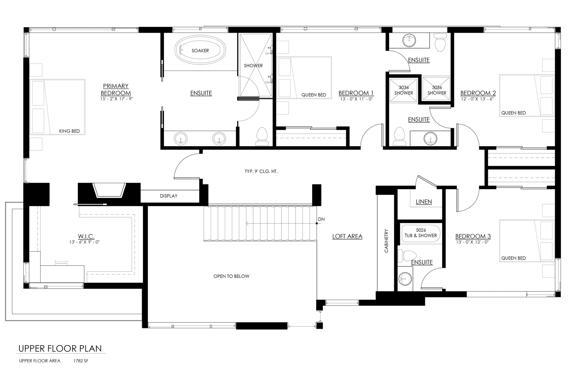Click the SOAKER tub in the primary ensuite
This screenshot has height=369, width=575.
(x=200, y=51)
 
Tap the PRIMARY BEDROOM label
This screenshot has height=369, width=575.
(x=116, y=90)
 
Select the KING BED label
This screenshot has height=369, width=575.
(x=70, y=131)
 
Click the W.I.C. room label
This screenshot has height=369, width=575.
(x=86, y=236)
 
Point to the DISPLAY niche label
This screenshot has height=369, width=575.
(x=168, y=196)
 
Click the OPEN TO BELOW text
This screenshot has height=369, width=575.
(x=231, y=276)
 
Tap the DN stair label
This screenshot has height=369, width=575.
(x=321, y=219)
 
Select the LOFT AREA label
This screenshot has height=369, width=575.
(x=347, y=236)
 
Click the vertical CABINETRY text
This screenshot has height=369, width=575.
(x=386, y=241)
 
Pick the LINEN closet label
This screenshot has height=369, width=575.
(x=424, y=202)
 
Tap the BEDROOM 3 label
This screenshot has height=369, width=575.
(x=473, y=236)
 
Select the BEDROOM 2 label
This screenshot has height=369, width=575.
(x=478, y=93)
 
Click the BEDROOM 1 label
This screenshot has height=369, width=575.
(x=356, y=93)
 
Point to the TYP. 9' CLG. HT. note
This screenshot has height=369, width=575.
(x=261, y=172)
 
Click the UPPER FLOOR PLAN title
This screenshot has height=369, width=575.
(x=60, y=349)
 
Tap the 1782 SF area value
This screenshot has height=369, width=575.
(x=81, y=361)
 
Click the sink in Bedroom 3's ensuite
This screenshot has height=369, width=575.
(x=405, y=279)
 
